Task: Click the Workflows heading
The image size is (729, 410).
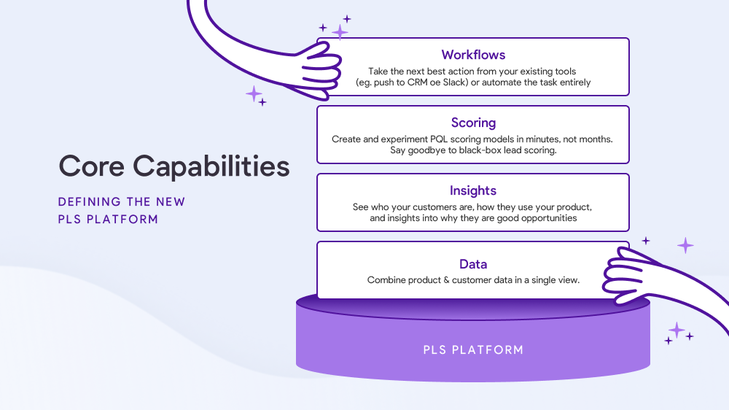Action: point(473,55)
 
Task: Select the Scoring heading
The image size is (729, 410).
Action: point(473,123)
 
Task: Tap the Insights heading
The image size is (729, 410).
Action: point(473,191)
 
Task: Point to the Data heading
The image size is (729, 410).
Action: point(473,264)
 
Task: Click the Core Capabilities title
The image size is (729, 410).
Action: point(174,166)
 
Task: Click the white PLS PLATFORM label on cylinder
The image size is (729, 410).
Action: point(473,350)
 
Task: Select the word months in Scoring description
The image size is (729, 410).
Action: point(596,139)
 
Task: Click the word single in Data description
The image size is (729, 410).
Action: point(543,280)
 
